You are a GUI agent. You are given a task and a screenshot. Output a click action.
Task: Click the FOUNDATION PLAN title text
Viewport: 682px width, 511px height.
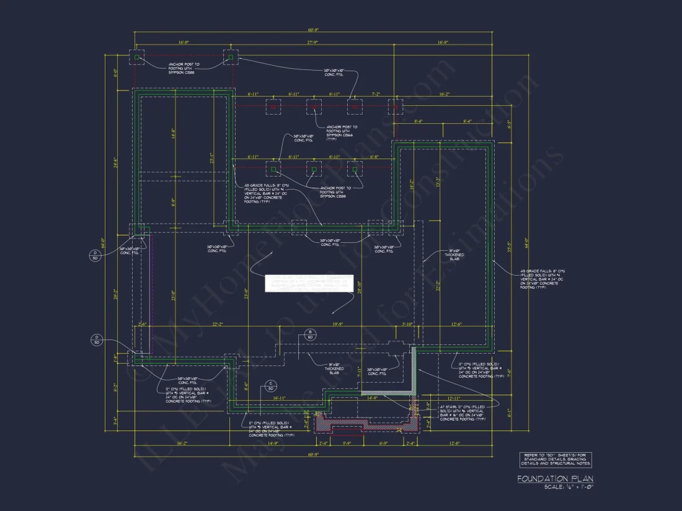pos(555,478)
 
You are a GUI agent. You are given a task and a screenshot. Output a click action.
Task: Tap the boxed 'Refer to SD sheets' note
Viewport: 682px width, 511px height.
pos(555,460)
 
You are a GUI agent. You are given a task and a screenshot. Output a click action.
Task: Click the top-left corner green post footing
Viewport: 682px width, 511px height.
pos(136,57)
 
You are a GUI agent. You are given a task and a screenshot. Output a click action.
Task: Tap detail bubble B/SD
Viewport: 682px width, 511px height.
pos(310,335)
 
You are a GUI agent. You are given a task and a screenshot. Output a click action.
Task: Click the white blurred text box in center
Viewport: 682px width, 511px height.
pos(309,284)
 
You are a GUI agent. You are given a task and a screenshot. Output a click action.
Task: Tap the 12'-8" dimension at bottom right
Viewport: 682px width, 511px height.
pos(454,443)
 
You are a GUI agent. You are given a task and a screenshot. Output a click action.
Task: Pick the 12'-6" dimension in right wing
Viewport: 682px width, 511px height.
pos(457,323)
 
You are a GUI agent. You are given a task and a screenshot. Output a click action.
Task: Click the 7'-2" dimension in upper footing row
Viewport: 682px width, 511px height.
pos(375,94)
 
